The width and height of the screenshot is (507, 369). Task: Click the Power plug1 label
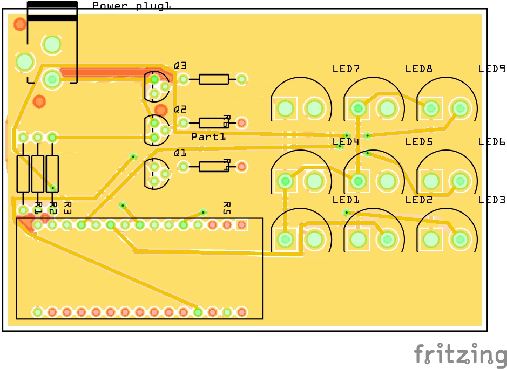pyautogui.click(x=132, y=6)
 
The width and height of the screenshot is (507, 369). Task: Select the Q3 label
pyautogui.click(x=180, y=65)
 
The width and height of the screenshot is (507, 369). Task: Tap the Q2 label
pyautogui.click(x=180, y=109)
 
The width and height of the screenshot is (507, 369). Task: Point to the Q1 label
pyautogui.click(x=180, y=153)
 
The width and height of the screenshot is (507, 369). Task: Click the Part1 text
pyautogui.click(x=208, y=137)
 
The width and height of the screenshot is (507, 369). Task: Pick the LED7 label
pyautogui.click(x=346, y=69)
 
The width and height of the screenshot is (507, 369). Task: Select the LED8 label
pyautogui.click(x=418, y=69)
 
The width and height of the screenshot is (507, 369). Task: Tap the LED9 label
pyautogui.click(x=491, y=69)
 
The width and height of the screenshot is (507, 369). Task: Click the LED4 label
pyautogui.click(x=346, y=142)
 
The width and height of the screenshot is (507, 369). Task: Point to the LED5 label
pyautogui.click(x=418, y=142)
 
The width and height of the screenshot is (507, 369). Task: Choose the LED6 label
pyautogui.click(x=491, y=142)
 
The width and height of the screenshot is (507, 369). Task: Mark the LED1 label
pyautogui.click(x=346, y=200)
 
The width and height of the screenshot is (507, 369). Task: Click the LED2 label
pyautogui.click(x=418, y=200)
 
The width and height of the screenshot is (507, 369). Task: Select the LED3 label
pyautogui.click(x=491, y=200)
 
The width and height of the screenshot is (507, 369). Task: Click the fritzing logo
pyautogui.click(x=461, y=356)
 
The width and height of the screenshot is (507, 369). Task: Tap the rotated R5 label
pyautogui.click(x=227, y=207)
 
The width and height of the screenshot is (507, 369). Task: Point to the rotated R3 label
pyautogui.click(x=67, y=207)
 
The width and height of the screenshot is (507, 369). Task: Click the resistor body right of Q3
pyautogui.click(x=214, y=79)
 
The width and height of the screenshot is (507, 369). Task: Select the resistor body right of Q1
pyautogui.click(x=214, y=167)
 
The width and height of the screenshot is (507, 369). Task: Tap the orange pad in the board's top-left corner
pyautogui.click(x=20, y=24)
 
